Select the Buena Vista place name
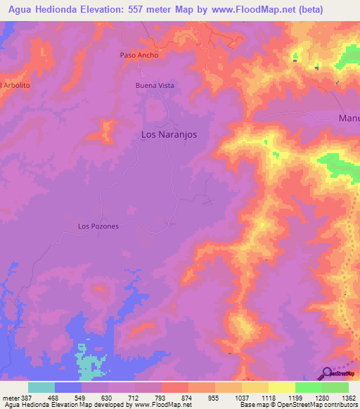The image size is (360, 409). point(155,85)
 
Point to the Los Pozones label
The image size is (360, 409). point(98,226)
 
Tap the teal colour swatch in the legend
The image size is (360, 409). point(41,387)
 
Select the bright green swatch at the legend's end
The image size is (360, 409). point(335,387)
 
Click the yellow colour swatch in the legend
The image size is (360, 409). point(282,387)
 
